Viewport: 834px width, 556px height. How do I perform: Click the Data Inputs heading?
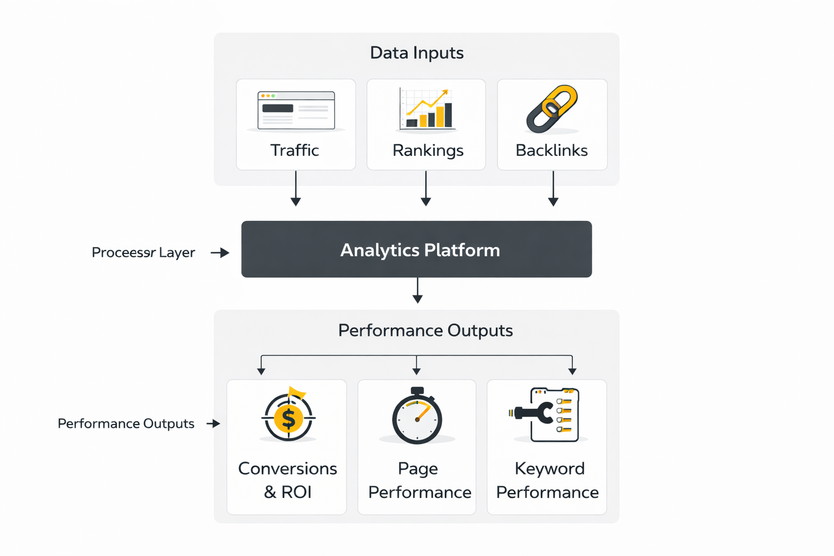tap(416, 53)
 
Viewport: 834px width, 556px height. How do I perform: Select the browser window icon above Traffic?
tap(296, 110)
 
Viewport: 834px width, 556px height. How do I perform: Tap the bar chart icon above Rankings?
tap(426, 109)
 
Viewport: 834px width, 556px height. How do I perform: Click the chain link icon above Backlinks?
tap(552, 109)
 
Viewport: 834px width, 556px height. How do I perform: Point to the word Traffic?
tap(294, 150)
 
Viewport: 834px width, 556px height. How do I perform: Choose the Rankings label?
tap(428, 150)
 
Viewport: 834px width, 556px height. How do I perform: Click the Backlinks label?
tap(552, 150)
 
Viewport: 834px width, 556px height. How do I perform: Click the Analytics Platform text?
tap(420, 250)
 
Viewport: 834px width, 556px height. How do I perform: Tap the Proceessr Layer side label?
tap(143, 252)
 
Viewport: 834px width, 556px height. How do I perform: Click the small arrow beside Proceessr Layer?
tap(220, 252)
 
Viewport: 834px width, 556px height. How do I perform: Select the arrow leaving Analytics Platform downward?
tap(418, 290)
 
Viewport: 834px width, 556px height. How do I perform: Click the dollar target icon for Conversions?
tap(288, 416)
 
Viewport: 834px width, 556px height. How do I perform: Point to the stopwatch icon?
tap(417, 417)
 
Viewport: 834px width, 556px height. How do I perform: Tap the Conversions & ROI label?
tap(287, 480)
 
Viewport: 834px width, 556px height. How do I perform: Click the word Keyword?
tap(549, 468)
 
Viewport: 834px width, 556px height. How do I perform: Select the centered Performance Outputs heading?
tap(425, 330)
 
